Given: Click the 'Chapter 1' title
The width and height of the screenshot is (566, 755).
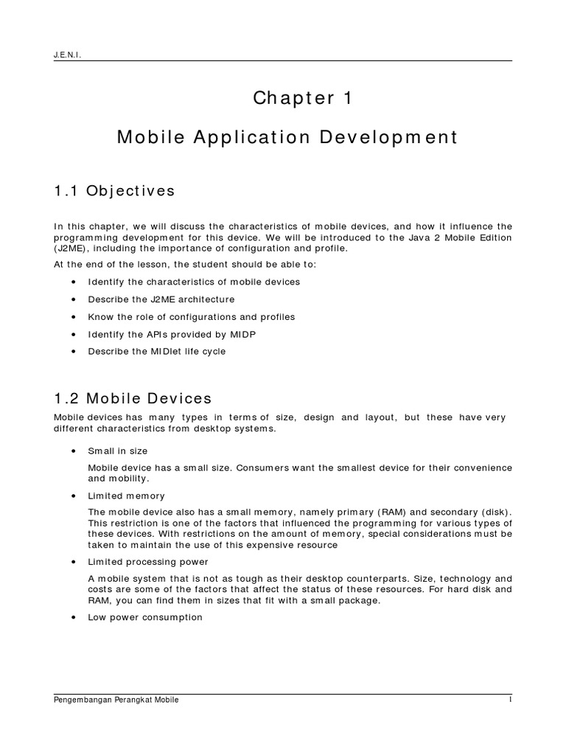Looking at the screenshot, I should tap(303, 99).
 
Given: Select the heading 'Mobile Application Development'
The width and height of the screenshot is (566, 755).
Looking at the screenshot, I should tap(287, 137).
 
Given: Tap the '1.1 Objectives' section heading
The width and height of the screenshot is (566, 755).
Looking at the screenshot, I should tap(114, 191).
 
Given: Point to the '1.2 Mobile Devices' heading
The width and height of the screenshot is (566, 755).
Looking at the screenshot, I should tap(133, 399).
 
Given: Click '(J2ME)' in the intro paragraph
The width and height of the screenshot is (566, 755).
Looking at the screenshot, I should tap(70, 248).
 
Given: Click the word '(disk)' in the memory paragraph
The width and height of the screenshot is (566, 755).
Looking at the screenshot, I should tap(497, 511).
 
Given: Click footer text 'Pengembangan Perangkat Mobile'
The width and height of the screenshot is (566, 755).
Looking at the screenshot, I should tap(116, 700).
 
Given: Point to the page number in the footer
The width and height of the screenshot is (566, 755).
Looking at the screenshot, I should tap(509, 700).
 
